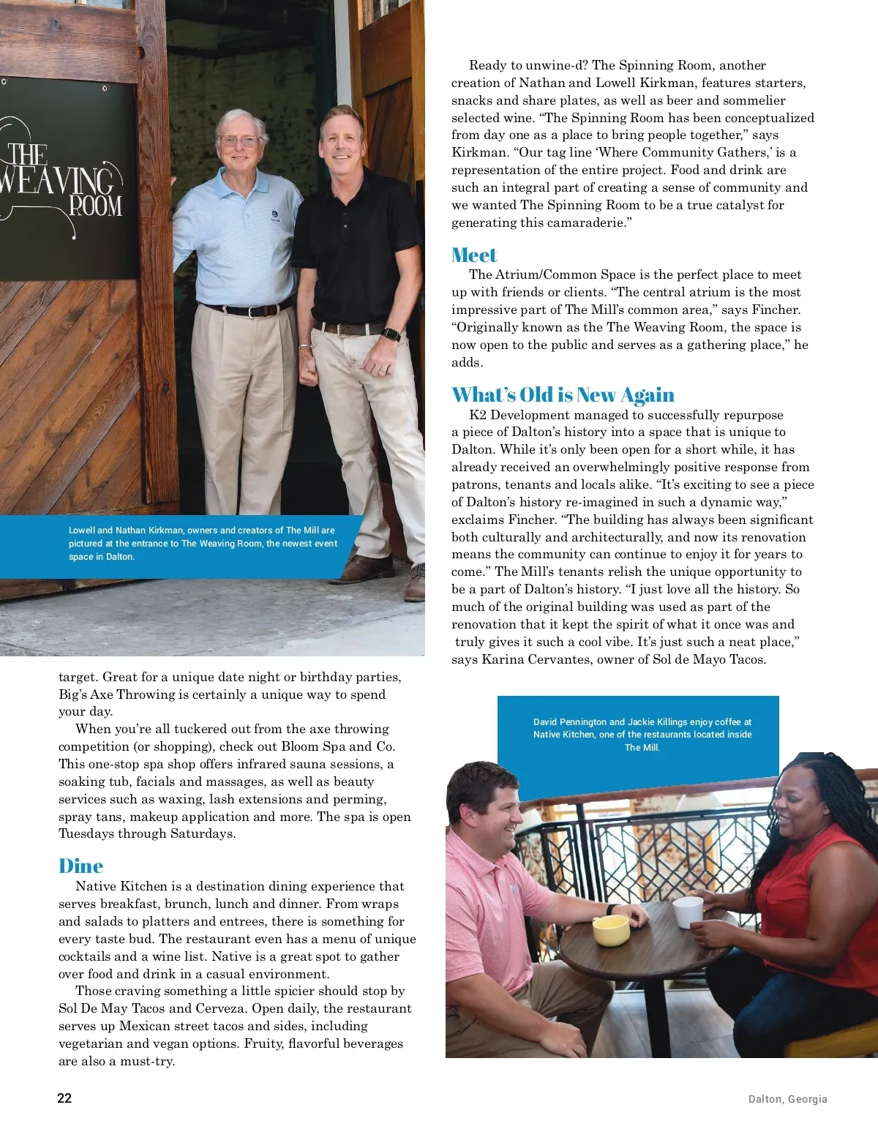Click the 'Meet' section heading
(474, 255)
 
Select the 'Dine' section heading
(80, 866)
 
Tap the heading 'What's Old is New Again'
(563, 395)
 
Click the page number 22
(64, 1098)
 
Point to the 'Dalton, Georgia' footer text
(787, 1099)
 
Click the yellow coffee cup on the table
(611, 930)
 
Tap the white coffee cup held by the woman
(688, 912)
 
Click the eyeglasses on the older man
(239, 140)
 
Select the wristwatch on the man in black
(391, 334)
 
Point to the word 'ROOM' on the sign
(95, 206)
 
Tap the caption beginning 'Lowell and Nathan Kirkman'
(203, 544)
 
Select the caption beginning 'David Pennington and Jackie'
(642, 735)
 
